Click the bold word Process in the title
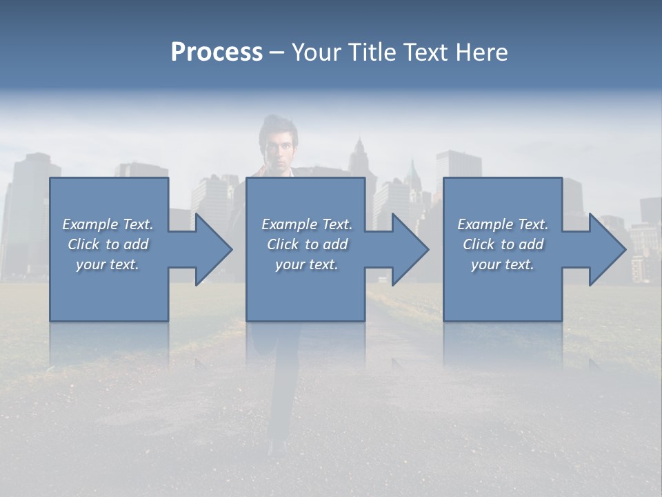(x=217, y=52)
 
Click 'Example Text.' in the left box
(x=108, y=224)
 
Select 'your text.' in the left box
(x=108, y=264)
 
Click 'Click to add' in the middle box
(x=307, y=244)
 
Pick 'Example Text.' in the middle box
(x=307, y=224)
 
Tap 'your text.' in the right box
(x=502, y=264)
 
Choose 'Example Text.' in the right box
(x=503, y=224)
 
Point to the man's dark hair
(x=277, y=127)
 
